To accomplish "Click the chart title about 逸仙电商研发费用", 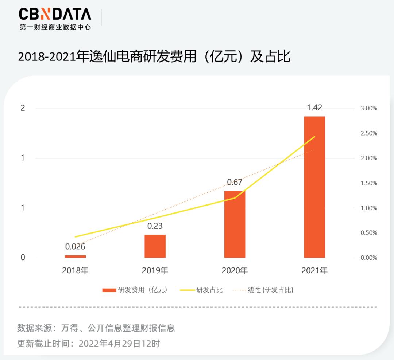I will pyautogui.click(x=154, y=56).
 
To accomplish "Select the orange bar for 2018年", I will pyautogui.click(x=75, y=257).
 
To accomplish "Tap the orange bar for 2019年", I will pyautogui.click(x=155, y=246).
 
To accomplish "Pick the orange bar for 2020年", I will pyautogui.click(x=235, y=224).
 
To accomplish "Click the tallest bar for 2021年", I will pyautogui.click(x=314, y=187).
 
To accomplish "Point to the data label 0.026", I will pyautogui.click(x=75, y=247).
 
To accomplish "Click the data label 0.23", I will pyautogui.click(x=155, y=226).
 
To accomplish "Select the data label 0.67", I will pyautogui.click(x=235, y=182).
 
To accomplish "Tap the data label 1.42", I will pyautogui.click(x=314, y=107).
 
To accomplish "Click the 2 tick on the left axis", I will pyautogui.click(x=23, y=108).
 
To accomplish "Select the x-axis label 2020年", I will pyautogui.click(x=235, y=271).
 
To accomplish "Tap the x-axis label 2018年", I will pyautogui.click(x=75, y=271).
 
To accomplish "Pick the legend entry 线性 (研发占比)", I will pyautogui.click(x=270, y=290).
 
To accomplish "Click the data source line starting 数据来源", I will pyautogui.click(x=96, y=328).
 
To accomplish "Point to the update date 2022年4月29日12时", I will pyautogui.click(x=119, y=343).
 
